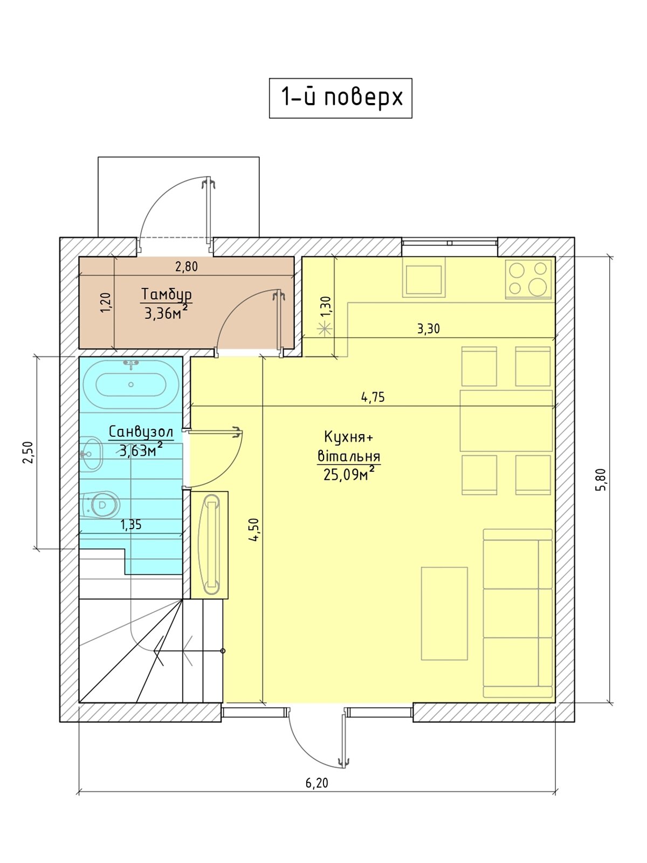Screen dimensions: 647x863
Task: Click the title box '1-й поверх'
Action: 340,98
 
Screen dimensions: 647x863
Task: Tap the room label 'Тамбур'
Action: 166,294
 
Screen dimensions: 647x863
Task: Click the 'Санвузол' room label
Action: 141,432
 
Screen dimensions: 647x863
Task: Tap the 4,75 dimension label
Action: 373,397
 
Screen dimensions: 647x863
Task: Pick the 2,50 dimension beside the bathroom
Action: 29,453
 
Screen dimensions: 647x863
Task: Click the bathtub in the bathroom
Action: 131,385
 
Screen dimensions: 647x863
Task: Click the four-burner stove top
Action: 528,278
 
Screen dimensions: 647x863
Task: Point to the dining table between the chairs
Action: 506,421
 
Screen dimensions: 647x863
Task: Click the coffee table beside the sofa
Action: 444,613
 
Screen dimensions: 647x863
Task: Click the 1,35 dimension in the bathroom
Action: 131,524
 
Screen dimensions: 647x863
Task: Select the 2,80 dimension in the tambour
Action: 187,266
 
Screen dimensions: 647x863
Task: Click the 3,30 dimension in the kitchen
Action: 428,328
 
